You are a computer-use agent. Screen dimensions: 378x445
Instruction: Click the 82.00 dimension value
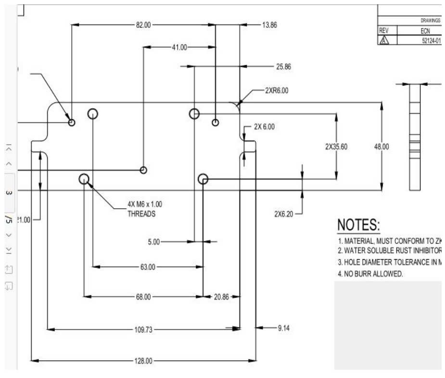click(x=143, y=25)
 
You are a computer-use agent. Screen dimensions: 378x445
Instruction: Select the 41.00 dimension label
click(x=179, y=47)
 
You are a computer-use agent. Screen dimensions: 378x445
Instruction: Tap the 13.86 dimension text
click(x=269, y=25)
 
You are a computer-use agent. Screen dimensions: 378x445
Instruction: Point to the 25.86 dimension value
click(x=283, y=67)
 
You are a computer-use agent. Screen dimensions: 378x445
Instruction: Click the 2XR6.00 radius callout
click(x=277, y=90)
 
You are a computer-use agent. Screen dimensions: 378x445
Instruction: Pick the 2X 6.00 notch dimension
click(x=264, y=127)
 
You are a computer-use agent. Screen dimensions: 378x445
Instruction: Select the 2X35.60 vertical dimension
click(x=336, y=147)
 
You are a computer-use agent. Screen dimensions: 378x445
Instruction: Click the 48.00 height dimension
click(x=381, y=147)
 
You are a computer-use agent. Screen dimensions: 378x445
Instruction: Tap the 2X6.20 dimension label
click(x=284, y=213)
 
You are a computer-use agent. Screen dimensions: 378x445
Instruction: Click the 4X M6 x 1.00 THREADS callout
click(x=141, y=209)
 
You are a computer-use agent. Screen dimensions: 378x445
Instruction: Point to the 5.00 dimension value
click(x=153, y=242)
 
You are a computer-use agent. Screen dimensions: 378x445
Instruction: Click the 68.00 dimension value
click(x=143, y=297)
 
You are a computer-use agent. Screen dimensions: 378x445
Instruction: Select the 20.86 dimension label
click(x=221, y=297)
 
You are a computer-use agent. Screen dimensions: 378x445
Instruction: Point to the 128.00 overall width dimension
click(x=143, y=361)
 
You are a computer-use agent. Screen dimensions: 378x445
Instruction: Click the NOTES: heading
click(x=358, y=225)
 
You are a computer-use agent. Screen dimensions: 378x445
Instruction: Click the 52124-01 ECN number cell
click(x=431, y=41)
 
